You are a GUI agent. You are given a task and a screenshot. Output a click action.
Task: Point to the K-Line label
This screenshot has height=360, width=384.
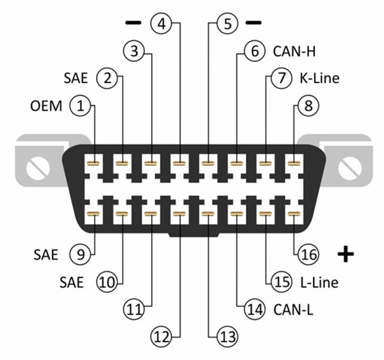[x=318, y=79]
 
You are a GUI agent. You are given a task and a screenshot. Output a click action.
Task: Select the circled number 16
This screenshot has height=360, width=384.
[x=308, y=254]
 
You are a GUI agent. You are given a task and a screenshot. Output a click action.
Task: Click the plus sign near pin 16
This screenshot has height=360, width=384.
[x=346, y=255]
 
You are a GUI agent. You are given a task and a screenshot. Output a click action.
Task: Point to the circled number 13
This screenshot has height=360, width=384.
[x=227, y=336]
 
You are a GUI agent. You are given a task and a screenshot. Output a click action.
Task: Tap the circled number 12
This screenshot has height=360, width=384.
[x=161, y=336]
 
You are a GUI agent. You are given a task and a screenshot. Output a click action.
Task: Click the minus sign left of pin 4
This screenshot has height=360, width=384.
[x=132, y=23]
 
